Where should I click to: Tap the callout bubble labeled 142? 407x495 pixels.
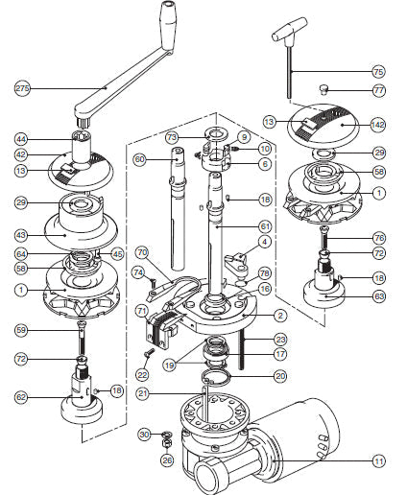[x=378, y=124]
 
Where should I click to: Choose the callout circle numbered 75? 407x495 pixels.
[x=378, y=72]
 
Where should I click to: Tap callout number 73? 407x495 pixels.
[x=172, y=138]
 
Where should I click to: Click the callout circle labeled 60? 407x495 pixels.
[x=139, y=158]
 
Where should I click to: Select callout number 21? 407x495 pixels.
[x=142, y=394]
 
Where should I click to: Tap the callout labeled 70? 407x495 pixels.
[x=142, y=253]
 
